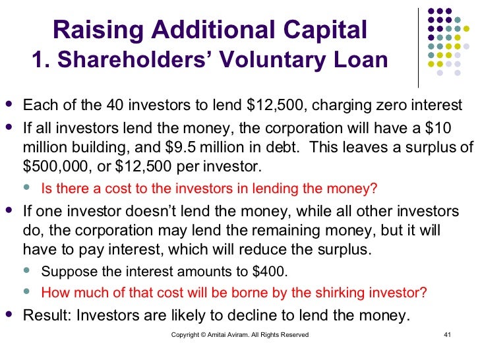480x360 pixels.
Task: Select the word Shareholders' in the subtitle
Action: pos(133,61)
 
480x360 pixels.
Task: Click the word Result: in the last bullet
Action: pos(47,315)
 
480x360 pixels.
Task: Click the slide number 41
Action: pos(446,335)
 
